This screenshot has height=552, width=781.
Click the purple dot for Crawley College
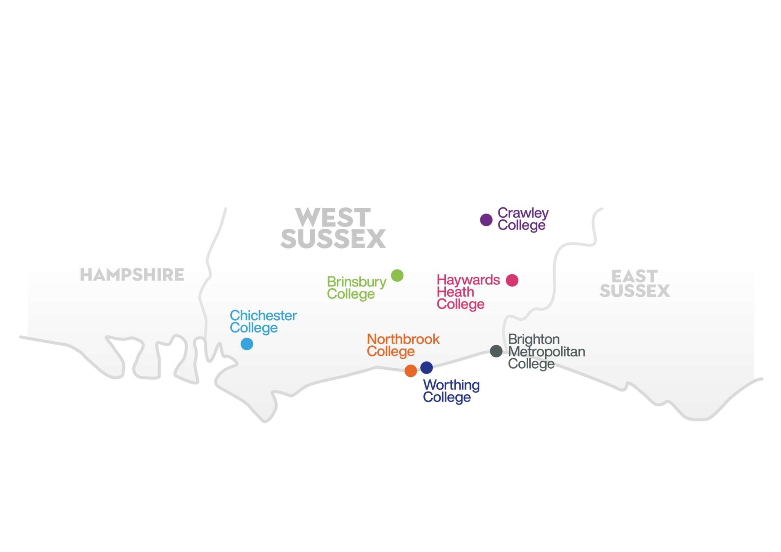click(x=486, y=220)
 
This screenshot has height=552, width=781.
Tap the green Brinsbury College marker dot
click(x=397, y=275)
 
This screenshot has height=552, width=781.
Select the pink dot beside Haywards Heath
click(x=512, y=280)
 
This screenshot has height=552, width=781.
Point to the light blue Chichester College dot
click(x=247, y=344)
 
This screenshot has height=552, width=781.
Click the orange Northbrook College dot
click(x=410, y=371)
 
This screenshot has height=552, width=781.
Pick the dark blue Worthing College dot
click(x=426, y=367)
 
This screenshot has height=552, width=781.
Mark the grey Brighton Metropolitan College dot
click(x=496, y=351)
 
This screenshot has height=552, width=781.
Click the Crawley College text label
click(x=523, y=219)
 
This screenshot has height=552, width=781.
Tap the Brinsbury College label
click(x=356, y=288)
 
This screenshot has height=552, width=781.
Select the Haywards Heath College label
click(x=468, y=292)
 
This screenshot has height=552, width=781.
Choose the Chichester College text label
click(x=263, y=321)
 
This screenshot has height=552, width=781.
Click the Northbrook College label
click(x=403, y=345)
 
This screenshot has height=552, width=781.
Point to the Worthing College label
click(x=451, y=391)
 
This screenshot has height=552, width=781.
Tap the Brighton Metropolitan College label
click(x=546, y=351)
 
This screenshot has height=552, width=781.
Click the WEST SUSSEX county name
click(x=333, y=228)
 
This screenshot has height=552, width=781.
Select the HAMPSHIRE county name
click(x=132, y=275)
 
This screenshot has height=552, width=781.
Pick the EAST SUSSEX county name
click(x=635, y=284)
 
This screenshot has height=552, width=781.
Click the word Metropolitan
click(x=546, y=351)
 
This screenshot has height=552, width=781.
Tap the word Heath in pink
click(x=455, y=292)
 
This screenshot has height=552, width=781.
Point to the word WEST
click(x=333, y=217)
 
